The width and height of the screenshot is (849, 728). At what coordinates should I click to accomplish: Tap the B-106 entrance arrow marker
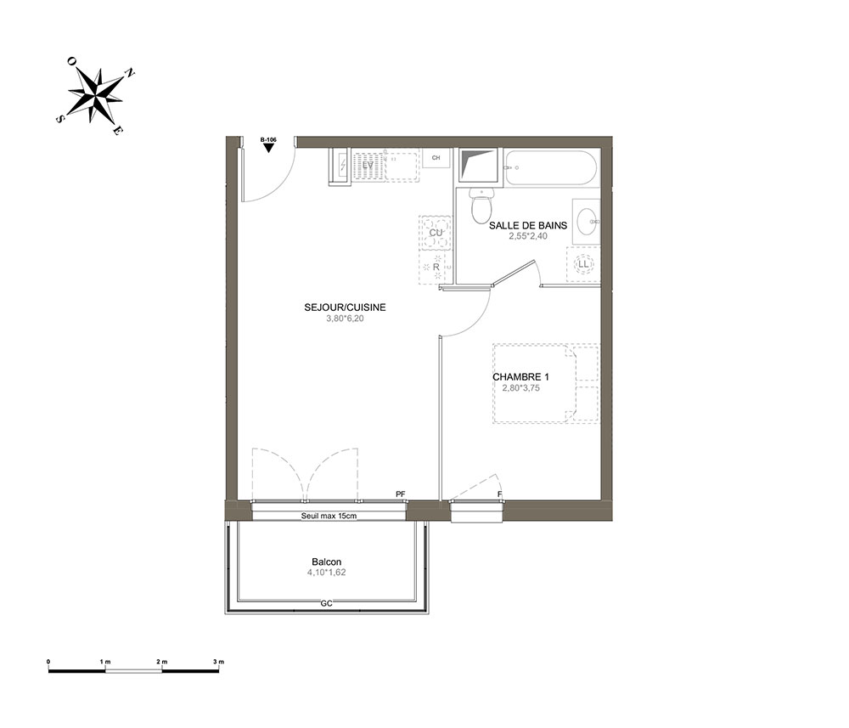pyautogui.click(x=268, y=148)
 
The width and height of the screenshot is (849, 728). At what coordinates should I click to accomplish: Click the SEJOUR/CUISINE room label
pyautogui.click(x=345, y=308)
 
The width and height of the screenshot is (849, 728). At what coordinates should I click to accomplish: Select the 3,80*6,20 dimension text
pyautogui.click(x=345, y=319)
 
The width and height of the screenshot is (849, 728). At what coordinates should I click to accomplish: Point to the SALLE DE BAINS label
pyautogui.click(x=528, y=225)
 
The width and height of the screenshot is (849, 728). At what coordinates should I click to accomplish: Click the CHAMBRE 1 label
pyautogui.click(x=520, y=377)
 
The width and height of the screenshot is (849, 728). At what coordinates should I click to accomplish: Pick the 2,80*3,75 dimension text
pyautogui.click(x=521, y=388)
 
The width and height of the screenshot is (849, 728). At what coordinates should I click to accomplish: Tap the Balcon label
pyautogui.click(x=327, y=562)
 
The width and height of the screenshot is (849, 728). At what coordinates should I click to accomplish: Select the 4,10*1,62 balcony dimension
pyautogui.click(x=327, y=572)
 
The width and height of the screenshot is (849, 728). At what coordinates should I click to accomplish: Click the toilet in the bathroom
pyautogui.click(x=481, y=206)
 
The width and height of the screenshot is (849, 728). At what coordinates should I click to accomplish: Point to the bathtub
pyautogui.click(x=551, y=167)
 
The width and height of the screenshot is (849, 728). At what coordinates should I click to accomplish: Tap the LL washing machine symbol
pyautogui.click(x=583, y=264)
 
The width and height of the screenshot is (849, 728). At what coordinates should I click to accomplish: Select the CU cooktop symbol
pyautogui.click(x=436, y=233)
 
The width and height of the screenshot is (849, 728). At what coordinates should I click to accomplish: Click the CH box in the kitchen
pyautogui.click(x=436, y=158)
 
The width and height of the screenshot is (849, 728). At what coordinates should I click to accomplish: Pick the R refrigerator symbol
pyautogui.click(x=436, y=268)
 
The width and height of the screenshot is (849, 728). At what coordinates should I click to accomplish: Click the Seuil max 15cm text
pyautogui.click(x=329, y=516)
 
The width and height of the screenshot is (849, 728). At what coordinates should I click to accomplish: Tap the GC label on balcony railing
pyautogui.click(x=327, y=603)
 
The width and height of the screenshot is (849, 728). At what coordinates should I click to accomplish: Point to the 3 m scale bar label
pyautogui.click(x=218, y=662)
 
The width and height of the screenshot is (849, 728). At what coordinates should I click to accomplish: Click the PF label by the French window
pyautogui.click(x=400, y=494)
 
